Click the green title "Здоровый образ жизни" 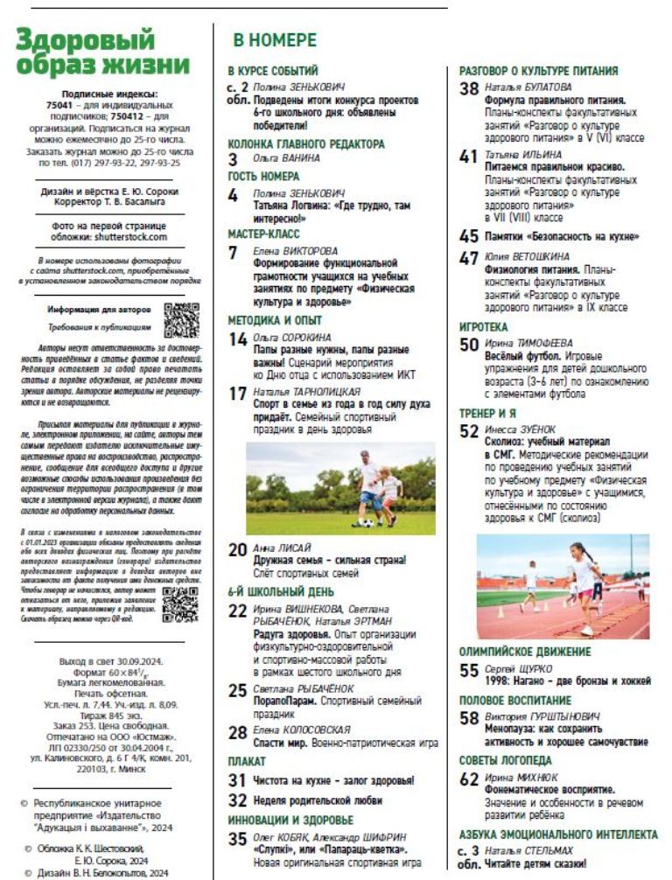(102, 53)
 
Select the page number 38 (469, 88)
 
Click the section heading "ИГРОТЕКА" (484, 327)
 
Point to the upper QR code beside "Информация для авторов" (181, 320)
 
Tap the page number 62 (469, 779)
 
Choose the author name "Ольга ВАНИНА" (286, 160)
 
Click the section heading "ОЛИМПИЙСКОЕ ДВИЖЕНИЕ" (525, 651)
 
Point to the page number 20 (237, 550)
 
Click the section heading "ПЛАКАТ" (247, 761)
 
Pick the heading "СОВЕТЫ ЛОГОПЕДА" (506, 760)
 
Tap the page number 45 (469, 236)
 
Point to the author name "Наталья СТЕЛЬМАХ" (529, 849)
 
